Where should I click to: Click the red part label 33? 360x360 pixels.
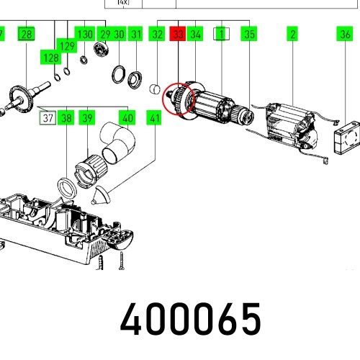178,34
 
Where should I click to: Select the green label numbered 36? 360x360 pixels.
345,34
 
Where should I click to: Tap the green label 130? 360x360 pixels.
85,34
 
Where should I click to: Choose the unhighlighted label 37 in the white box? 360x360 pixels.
48,118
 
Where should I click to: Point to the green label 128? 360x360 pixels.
51,58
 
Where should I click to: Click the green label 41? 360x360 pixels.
154,118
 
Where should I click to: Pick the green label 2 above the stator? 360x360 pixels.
292,34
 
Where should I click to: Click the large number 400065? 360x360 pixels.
190,318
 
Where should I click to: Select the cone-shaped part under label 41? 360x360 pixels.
101,196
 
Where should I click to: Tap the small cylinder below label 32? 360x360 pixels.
155,89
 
